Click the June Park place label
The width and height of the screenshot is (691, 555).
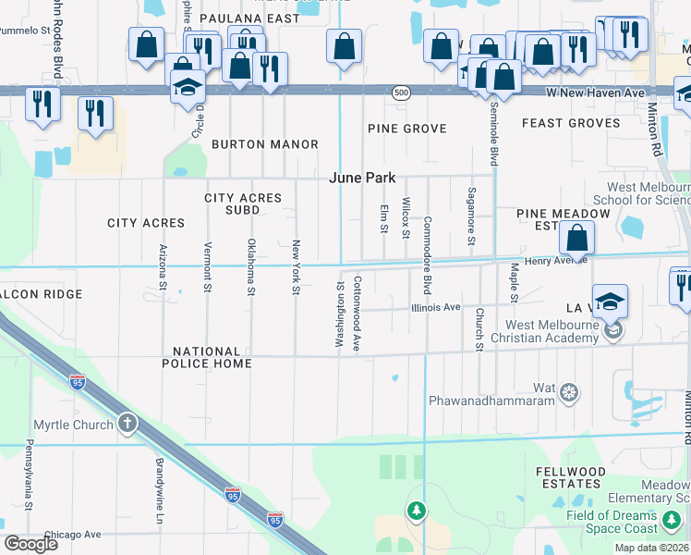click(x=363, y=178)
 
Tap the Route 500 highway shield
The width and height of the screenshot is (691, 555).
click(x=400, y=92)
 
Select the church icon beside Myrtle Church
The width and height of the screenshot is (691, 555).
click(x=127, y=424)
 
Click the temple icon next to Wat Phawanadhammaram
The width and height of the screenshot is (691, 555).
click(x=570, y=392)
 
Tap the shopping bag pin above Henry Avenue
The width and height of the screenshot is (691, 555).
click(x=576, y=240)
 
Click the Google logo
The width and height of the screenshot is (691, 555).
click(x=31, y=544)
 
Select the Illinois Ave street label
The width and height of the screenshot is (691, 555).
click(x=436, y=307)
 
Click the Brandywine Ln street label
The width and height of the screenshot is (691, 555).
click(x=159, y=479)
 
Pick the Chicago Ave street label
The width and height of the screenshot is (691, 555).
click(x=72, y=535)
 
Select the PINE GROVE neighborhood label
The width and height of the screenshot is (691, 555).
click(x=406, y=129)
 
